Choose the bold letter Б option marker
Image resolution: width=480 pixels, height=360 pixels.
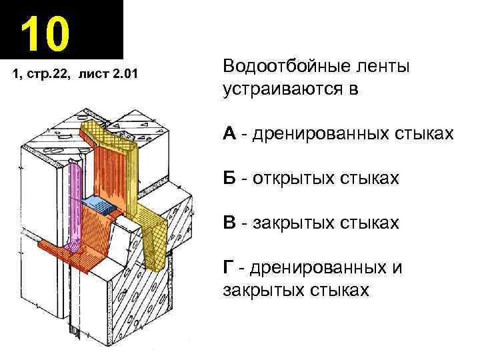coord(229,178)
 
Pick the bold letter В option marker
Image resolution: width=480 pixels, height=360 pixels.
coord(229,222)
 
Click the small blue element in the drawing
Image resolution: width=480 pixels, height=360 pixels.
coord(96,204)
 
